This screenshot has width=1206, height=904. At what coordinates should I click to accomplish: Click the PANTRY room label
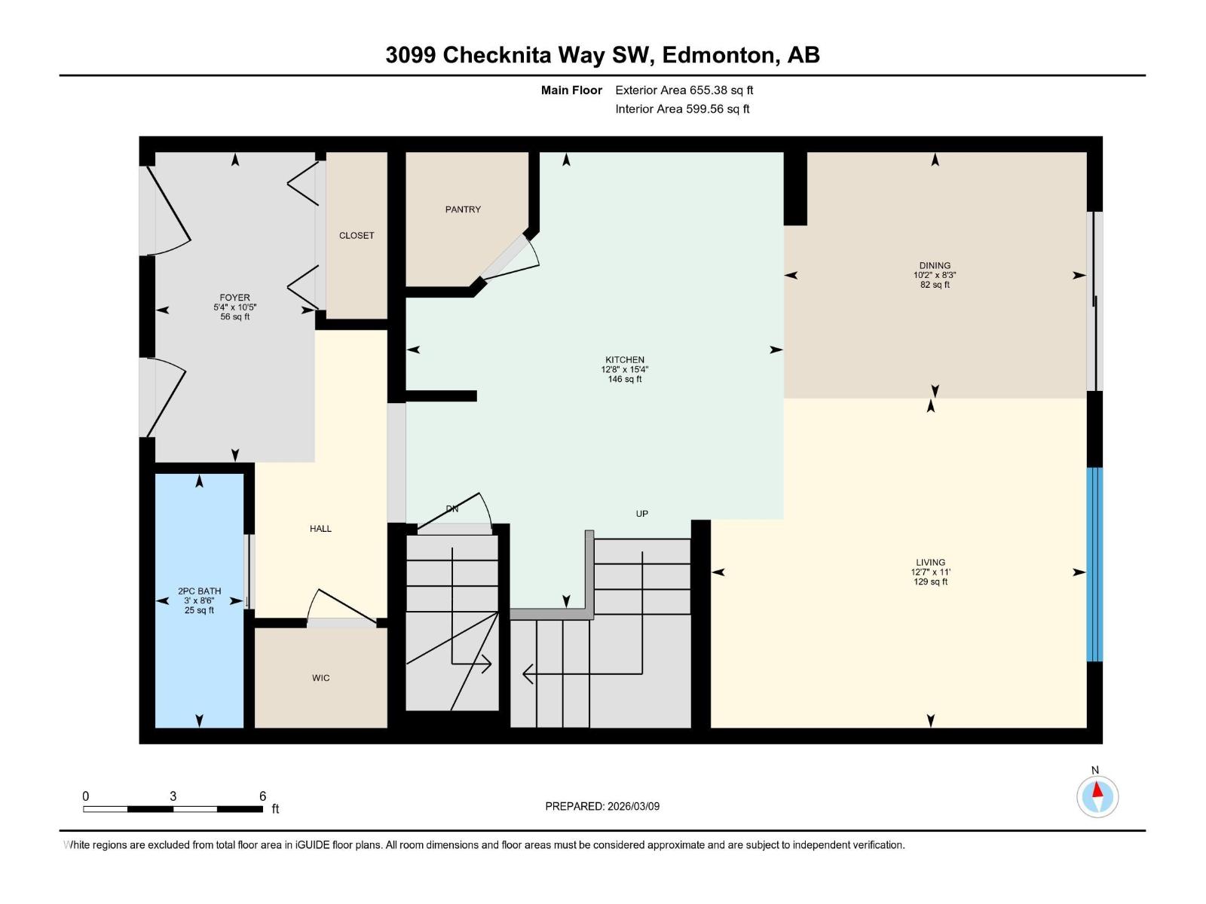(462, 209)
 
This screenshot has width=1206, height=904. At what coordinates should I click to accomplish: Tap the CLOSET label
(356, 235)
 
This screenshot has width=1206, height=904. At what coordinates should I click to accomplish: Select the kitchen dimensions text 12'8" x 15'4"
(624, 370)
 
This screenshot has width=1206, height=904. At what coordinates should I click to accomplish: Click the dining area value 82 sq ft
(935, 285)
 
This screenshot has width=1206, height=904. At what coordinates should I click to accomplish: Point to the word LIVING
(930, 562)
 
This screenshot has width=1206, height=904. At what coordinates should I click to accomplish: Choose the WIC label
(320, 678)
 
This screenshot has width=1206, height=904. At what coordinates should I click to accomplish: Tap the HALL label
(320, 529)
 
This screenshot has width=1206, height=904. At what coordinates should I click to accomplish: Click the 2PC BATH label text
(199, 591)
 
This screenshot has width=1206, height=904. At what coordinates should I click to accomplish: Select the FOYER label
(234, 298)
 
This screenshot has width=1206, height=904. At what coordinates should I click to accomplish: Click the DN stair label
(451, 509)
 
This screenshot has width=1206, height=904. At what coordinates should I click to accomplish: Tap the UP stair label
(641, 514)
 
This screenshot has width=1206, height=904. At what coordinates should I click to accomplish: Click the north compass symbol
(1097, 796)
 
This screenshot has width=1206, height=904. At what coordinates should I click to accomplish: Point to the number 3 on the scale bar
(173, 796)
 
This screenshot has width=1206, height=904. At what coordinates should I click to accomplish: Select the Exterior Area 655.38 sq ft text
(684, 90)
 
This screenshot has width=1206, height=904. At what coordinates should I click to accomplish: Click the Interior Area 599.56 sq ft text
(682, 108)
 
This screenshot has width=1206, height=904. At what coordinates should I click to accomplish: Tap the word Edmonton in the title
(719, 55)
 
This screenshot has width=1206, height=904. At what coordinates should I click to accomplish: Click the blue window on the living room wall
(1094, 564)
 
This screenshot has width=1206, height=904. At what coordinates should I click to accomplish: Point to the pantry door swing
(513, 260)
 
